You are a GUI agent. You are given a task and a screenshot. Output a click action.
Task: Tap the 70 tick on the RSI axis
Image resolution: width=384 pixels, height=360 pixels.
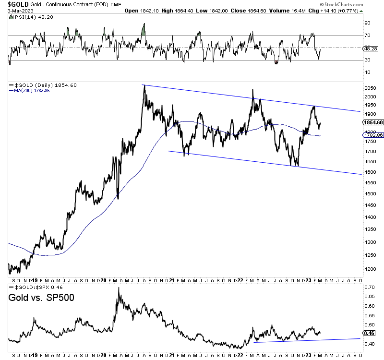367,36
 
